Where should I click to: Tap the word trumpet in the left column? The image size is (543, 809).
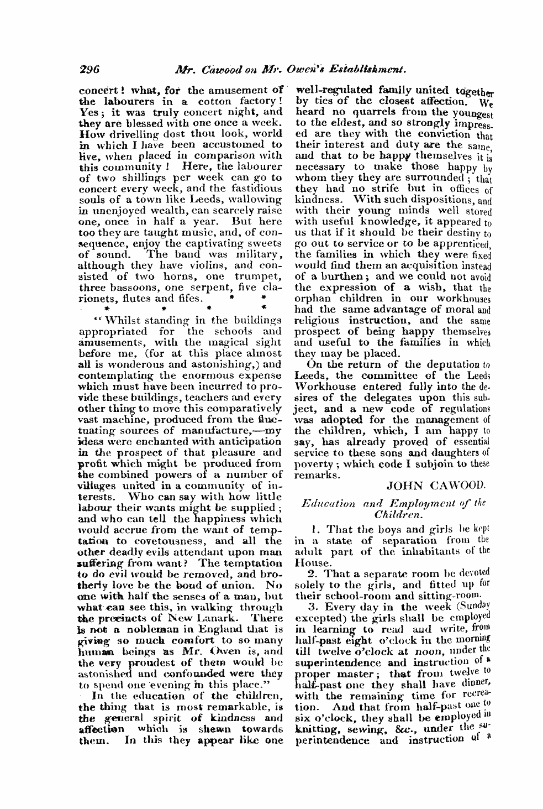click(257, 276)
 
